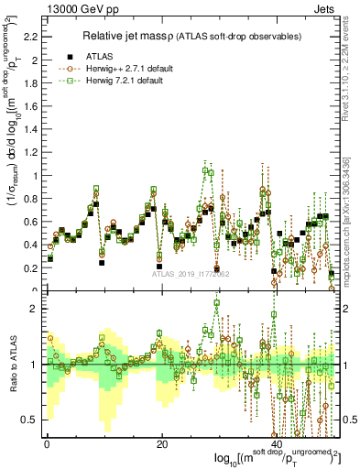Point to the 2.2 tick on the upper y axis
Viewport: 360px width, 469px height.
(29, 37)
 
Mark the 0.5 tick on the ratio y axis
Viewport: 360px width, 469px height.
(29, 420)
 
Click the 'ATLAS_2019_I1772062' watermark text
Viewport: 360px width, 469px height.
(190, 273)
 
